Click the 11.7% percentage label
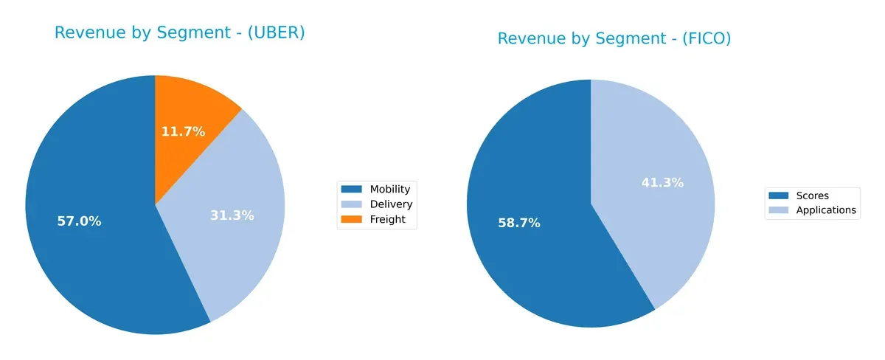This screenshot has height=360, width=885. [x=183, y=132]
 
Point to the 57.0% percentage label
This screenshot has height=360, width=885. [x=79, y=221]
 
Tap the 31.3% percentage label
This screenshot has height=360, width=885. [x=232, y=215]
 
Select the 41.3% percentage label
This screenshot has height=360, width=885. [x=662, y=182]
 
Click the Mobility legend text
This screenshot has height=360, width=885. [x=389, y=189]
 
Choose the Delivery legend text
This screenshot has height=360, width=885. [x=391, y=204]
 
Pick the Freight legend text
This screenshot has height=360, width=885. [x=387, y=219]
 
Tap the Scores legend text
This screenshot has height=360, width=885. [x=812, y=195]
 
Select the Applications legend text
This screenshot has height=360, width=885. [x=826, y=210]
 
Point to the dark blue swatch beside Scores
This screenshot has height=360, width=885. [x=779, y=195]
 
